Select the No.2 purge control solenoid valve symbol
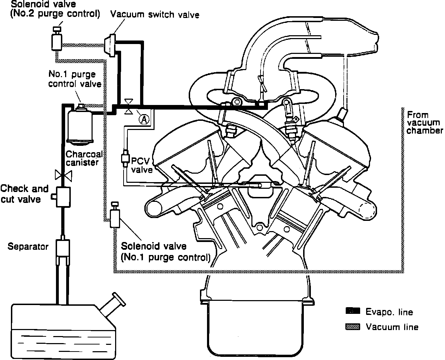56,40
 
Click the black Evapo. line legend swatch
352,311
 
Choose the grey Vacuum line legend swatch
352,327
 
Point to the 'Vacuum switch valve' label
155,14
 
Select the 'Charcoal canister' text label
84,158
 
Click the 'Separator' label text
28,247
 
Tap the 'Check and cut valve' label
25,194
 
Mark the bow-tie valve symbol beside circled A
129,106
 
